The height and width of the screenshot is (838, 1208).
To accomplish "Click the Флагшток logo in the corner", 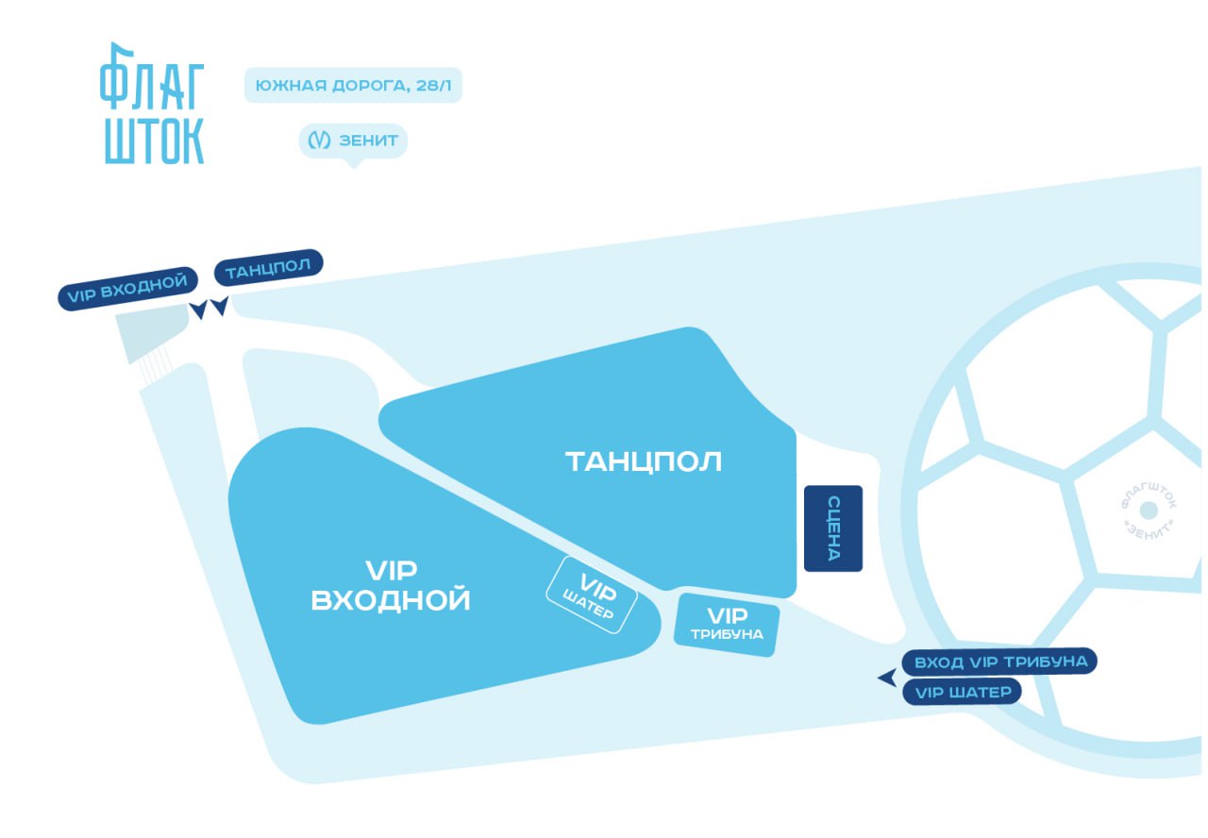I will click(152, 104).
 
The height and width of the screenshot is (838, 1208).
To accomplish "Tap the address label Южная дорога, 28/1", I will click(353, 86).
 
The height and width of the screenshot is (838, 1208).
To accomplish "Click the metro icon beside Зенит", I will click(318, 141).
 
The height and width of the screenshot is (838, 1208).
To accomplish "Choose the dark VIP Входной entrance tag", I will click(128, 288).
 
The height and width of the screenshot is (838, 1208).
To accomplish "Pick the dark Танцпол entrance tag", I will click(269, 268).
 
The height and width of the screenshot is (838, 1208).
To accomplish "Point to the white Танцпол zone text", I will click(644, 461).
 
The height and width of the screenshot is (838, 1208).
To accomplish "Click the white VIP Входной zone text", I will click(391, 585).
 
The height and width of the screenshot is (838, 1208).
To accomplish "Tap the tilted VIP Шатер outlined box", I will click(592, 595).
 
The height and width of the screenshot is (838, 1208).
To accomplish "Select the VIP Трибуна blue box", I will click(726, 624).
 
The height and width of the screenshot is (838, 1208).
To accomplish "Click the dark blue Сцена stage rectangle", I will click(833, 528).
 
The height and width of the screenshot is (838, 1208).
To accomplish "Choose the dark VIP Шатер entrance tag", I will click(962, 693).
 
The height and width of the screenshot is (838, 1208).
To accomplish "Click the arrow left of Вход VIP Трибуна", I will click(886, 678).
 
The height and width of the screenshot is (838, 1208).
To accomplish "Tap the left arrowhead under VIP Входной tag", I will click(199, 310).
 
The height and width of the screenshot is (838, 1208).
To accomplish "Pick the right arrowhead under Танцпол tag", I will click(220, 307).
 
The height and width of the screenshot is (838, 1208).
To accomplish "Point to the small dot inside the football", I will click(1149, 511).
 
